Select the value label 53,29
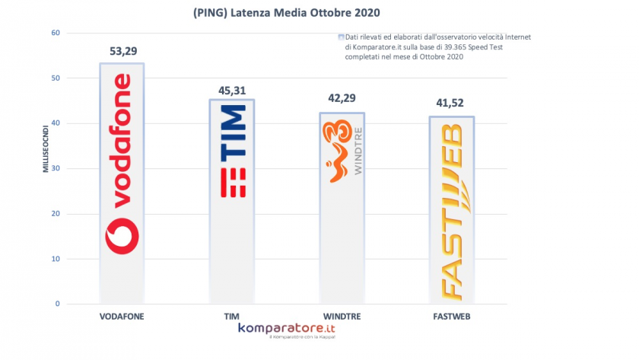click(122, 51)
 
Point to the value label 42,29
click(342, 99)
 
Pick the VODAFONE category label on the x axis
click(122, 315)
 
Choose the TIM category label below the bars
click(232, 315)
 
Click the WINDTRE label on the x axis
click(342, 315)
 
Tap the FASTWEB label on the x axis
click(451, 315)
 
